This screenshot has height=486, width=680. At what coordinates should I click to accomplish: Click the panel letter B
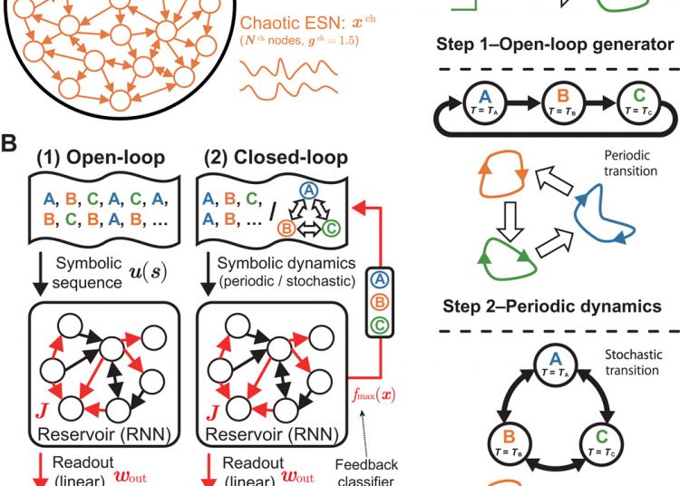(12, 142)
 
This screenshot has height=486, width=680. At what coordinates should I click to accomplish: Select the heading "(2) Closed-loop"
(271, 157)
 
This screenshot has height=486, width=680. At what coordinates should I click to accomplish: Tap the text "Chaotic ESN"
(293, 22)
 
